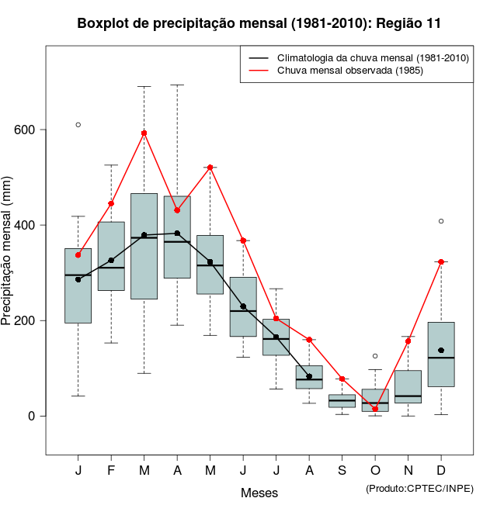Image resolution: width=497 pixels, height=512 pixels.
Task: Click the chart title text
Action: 259,23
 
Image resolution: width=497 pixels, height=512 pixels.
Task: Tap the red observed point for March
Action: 144,133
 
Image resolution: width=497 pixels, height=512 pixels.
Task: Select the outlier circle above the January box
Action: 78,125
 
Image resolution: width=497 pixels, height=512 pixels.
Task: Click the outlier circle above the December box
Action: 441,221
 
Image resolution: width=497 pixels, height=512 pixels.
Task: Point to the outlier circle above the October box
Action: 375,356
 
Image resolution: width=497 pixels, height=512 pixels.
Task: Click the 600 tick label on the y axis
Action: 25,130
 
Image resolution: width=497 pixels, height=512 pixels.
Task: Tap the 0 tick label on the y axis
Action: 32,416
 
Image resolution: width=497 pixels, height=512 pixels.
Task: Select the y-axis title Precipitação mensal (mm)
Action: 9,252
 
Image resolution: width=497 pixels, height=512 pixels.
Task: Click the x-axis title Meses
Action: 259,493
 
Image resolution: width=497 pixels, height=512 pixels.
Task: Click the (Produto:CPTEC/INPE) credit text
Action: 419,487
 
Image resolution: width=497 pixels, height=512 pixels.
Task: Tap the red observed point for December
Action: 441,262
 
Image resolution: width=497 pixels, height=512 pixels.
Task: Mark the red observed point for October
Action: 375,409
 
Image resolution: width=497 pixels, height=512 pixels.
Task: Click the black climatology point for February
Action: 111,261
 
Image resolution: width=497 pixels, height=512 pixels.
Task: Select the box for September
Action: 342,400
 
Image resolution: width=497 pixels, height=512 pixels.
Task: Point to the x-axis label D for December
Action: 441,471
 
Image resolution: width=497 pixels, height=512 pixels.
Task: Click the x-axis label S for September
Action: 342,471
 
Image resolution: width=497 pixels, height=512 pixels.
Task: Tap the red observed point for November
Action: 408,341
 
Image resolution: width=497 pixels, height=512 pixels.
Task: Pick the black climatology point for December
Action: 441,351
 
